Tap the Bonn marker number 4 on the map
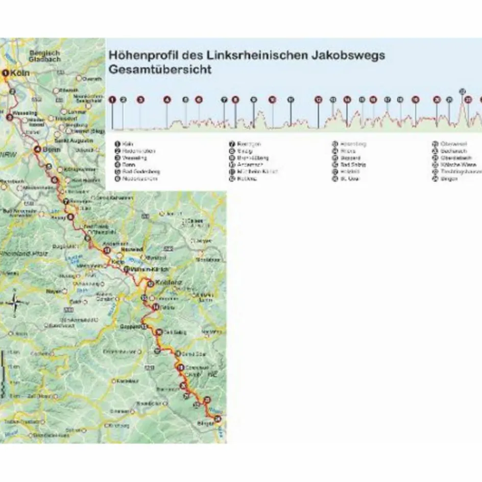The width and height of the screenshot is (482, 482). coord(37,150)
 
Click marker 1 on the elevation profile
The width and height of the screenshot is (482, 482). coord(113,100)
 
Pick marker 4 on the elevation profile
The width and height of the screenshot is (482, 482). coord(166,100)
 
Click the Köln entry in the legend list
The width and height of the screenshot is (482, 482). coord(128,144)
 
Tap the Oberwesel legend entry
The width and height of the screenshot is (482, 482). coord(453,144)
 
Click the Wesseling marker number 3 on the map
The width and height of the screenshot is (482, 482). coord(10,117)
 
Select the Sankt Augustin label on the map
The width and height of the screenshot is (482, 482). coord(69,139)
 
